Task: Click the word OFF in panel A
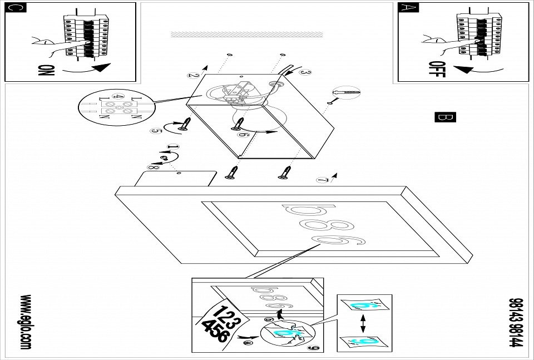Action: click(438, 69)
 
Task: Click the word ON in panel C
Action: click(47, 71)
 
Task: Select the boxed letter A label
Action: click(407, 8)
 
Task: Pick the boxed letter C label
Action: click(17, 8)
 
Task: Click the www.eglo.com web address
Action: click(26, 322)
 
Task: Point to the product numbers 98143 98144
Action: click(515, 322)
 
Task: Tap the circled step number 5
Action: click(156, 131)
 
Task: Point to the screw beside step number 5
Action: click(184, 125)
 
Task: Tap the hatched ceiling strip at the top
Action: click(246, 34)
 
